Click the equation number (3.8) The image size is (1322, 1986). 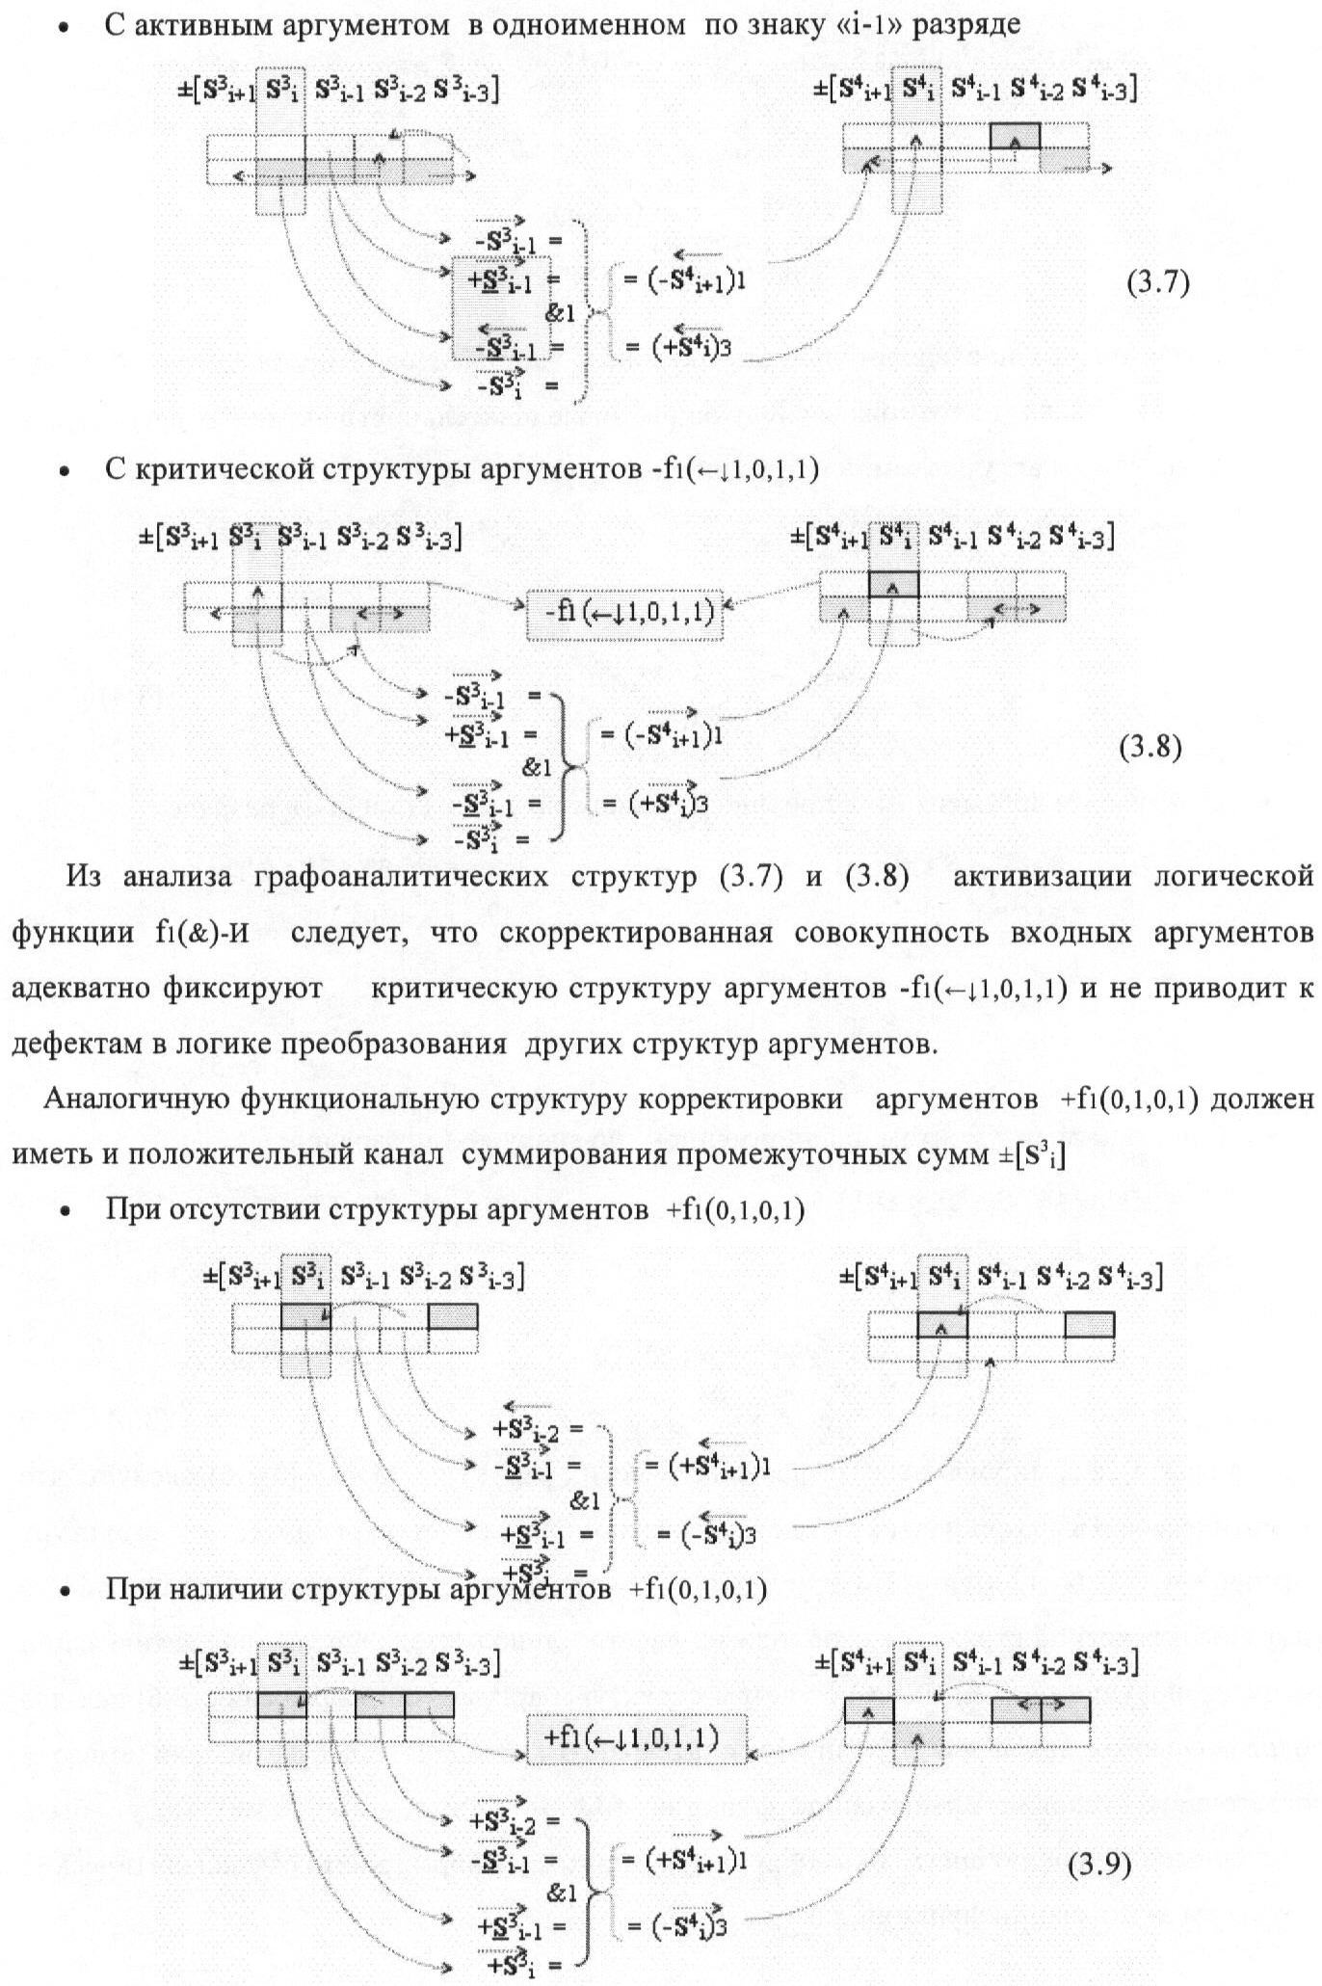tap(1150, 748)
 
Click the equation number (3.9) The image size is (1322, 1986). tap(1100, 1866)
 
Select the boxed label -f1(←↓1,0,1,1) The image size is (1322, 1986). tap(624, 612)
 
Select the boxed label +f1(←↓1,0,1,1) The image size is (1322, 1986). tap(636, 1737)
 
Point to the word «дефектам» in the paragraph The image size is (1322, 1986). tap(68, 1045)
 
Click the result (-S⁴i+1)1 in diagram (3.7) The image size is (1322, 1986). tap(686, 280)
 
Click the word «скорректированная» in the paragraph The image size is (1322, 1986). tap(636, 933)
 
